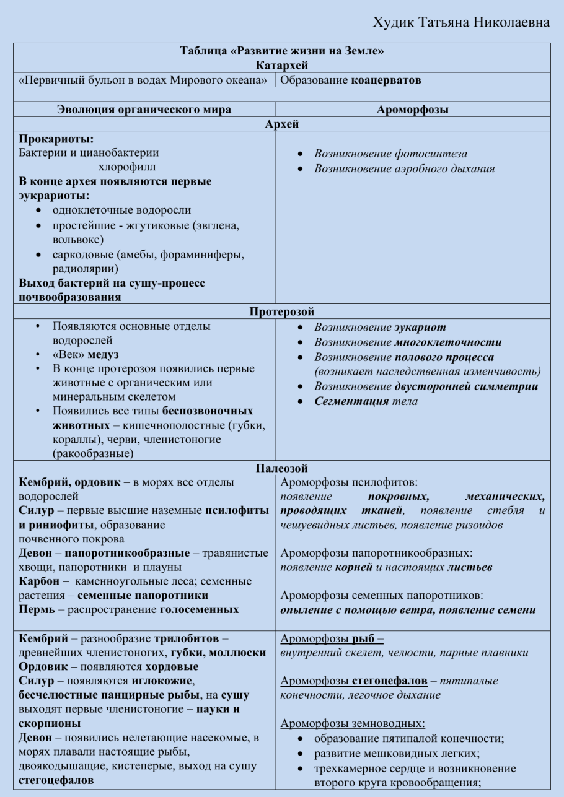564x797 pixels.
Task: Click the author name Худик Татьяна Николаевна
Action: point(460,22)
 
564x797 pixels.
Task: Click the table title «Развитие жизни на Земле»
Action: point(281,51)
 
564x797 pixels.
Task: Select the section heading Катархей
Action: point(281,65)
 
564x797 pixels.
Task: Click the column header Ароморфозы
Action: point(412,110)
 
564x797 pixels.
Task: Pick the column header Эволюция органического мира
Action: point(144,110)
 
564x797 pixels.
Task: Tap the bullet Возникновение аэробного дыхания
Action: point(404,168)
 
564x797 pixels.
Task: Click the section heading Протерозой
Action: point(281,311)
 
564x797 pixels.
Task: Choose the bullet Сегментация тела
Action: point(366,401)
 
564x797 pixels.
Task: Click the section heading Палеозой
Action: point(281,469)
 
